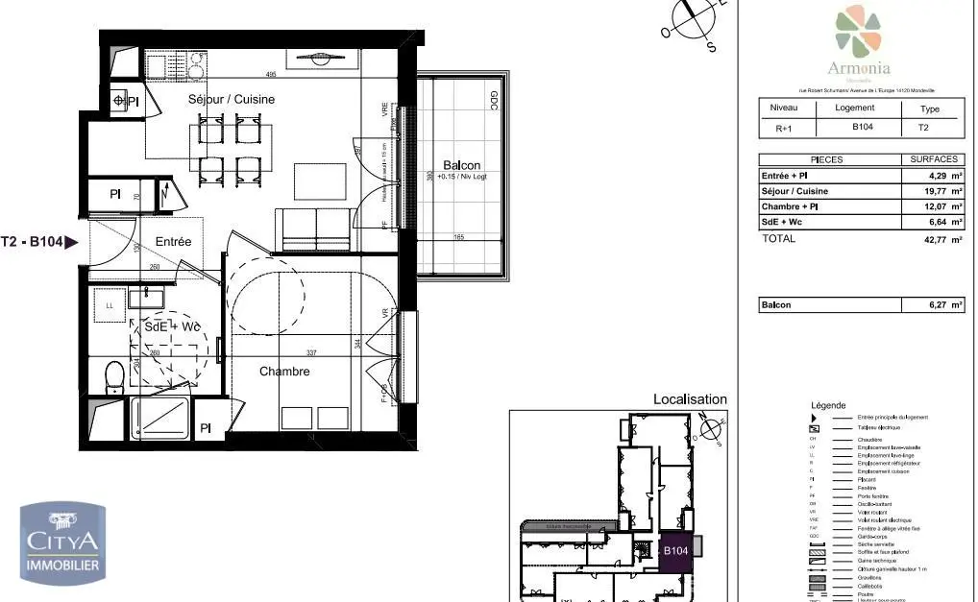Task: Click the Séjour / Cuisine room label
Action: point(230,99)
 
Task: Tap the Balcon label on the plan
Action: point(461,165)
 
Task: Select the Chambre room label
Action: point(284,372)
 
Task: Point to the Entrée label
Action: point(174,242)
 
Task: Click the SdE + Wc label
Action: point(172,327)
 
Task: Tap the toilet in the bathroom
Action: point(113,374)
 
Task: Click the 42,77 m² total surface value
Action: point(930,239)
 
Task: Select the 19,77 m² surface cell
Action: point(930,191)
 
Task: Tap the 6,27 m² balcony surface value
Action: point(930,305)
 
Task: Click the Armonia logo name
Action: point(859,67)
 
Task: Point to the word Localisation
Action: point(690,399)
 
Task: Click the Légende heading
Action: point(829,405)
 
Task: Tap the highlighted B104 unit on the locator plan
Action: point(675,551)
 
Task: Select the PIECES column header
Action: point(828,159)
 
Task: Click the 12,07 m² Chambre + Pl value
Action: point(930,206)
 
